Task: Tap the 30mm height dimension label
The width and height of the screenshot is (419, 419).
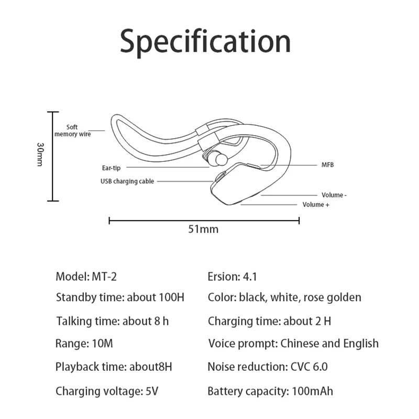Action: pyautogui.click(x=40, y=154)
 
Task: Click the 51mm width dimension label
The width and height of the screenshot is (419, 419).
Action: pyautogui.click(x=203, y=229)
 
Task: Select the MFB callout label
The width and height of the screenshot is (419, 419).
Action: pyautogui.click(x=328, y=164)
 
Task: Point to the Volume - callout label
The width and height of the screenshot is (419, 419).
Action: pyautogui.click(x=334, y=195)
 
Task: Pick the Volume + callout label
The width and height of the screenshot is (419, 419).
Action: pyautogui.click(x=316, y=204)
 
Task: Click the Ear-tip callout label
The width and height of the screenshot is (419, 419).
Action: pyautogui.click(x=111, y=168)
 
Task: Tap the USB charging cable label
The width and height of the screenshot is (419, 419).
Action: pyautogui.click(x=127, y=181)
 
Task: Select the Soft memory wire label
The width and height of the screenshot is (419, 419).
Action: pyautogui.click(x=72, y=130)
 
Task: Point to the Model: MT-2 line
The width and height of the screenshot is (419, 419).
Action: pyautogui.click(x=86, y=277)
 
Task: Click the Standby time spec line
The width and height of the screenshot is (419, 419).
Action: pyautogui.click(x=120, y=297)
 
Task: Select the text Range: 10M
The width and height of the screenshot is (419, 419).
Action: pyautogui.click(x=84, y=344)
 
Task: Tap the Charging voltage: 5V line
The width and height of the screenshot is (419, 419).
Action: pyautogui.click(x=107, y=391)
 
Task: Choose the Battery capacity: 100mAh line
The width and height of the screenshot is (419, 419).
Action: pyautogui.click(x=270, y=391)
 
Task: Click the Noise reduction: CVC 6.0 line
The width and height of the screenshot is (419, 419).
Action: pyautogui.click(x=268, y=367)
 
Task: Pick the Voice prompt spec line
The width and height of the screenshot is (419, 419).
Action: pyautogui.click(x=293, y=344)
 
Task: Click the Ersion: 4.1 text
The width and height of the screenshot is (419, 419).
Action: pyautogui.click(x=232, y=277)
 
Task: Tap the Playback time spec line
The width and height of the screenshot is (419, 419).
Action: pyautogui.click(x=114, y=367)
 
